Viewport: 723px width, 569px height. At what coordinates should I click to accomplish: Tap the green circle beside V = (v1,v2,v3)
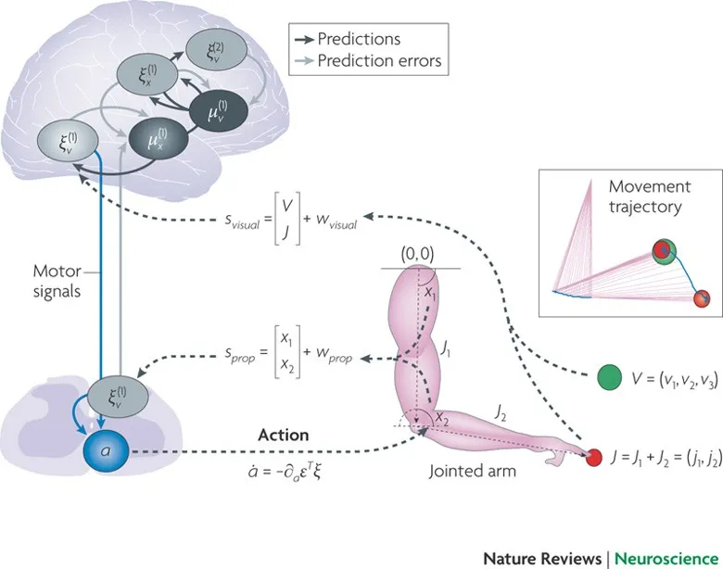point(609,376)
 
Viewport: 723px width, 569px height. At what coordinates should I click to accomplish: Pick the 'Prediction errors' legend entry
point(378,62)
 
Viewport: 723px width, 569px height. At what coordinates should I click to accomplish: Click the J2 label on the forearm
point(501,408)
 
